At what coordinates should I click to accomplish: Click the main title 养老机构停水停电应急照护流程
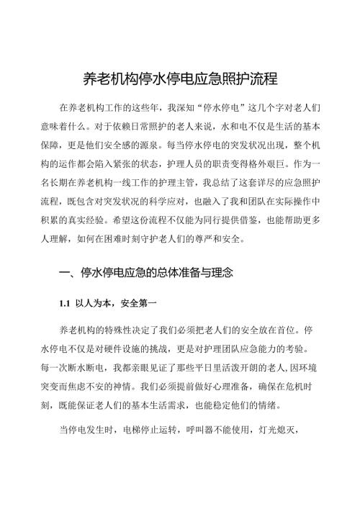181,78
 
